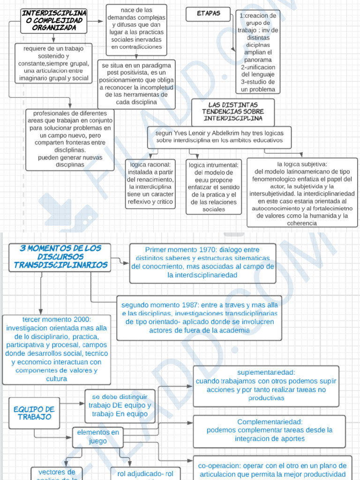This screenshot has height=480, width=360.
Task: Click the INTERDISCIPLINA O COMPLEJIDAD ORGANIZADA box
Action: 54,21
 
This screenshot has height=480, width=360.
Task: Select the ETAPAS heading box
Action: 209,14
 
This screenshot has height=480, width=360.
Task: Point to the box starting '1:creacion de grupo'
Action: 258,52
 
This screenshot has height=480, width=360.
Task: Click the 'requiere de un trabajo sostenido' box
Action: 53,63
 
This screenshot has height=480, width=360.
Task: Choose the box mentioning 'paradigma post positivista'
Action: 136,84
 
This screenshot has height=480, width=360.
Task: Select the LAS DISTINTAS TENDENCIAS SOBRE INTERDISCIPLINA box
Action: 233,112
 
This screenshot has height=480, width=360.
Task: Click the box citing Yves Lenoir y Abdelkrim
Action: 219,136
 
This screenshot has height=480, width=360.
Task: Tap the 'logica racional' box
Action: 150,183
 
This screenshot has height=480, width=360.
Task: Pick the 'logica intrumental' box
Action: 214,187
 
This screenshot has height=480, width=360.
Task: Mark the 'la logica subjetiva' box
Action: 302,193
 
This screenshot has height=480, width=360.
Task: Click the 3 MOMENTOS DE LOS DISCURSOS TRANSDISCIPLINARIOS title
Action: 60,257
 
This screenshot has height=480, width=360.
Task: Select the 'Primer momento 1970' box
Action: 202,263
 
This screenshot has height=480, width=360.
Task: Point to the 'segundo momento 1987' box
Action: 199,318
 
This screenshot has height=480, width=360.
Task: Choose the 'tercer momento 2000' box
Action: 57,349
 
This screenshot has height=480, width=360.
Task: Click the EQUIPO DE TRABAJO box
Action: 34,413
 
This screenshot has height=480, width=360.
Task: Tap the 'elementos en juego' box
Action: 98,436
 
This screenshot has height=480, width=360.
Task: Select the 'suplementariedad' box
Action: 266,386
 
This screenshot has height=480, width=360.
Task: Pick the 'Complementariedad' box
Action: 269,431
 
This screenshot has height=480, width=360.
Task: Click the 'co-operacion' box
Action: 272,470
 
